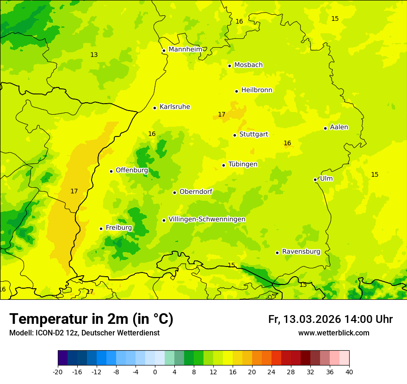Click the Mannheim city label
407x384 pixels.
(185, 50)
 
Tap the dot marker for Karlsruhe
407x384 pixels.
(155, 108)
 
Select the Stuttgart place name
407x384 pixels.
(253, 135)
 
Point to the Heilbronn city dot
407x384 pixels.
(236, 91)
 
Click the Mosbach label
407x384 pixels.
(248, 65)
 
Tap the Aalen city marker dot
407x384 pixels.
(325, 128)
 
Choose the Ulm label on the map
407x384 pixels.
(326, 179)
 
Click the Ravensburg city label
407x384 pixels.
(301, 252)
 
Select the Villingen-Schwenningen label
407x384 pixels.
(207, 219)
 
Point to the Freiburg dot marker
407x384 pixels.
(101, 229)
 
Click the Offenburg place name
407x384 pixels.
(132, 170)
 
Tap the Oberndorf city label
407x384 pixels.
(196, 192)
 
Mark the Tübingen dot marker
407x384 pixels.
(223, 165)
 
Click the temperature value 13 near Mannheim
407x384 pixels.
(94, 55)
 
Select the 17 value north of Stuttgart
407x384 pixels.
(222, 114)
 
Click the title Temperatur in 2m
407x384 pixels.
(91, 319)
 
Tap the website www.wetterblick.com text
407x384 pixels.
(333, 333)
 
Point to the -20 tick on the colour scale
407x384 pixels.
(58, 372)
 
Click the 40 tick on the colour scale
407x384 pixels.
(349, 372)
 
